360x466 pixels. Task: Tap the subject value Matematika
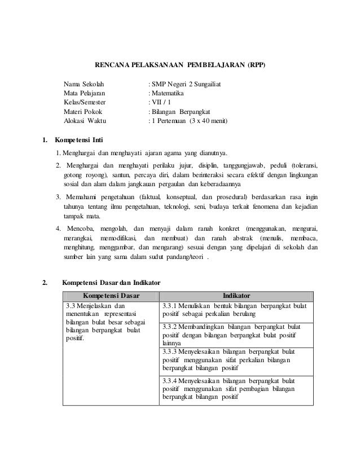tap(168, 93)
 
